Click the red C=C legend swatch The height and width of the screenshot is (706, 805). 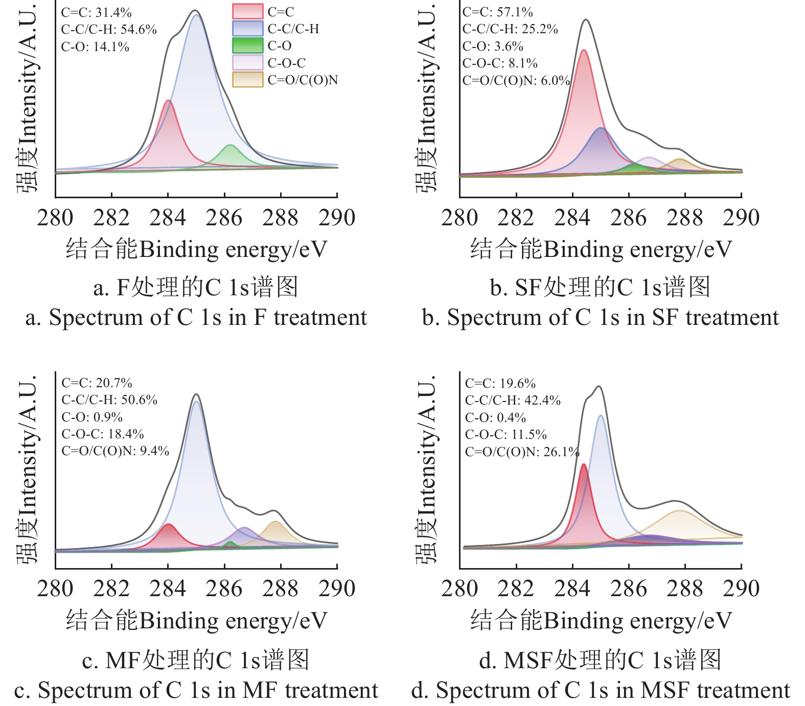tap(247, 11)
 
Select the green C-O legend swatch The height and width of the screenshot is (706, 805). tap(247, 45)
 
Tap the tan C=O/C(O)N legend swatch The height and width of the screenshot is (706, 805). tap(247, 80)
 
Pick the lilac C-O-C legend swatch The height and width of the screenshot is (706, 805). tap(247, 63)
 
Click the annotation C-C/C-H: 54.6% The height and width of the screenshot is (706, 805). tap(109, 30)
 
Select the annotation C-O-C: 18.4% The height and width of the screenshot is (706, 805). tap(103, 434)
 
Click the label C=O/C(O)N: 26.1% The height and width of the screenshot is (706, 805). tap(522, 452)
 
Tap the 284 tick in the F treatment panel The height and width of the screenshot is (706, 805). tap(168, 218)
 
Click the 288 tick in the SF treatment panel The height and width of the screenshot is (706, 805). tap(685, 218)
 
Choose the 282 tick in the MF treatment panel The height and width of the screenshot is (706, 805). tap(111, 589)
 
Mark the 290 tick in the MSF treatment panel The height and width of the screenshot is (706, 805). tap(741, 589)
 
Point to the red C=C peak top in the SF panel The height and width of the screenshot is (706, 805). tap(584, 51)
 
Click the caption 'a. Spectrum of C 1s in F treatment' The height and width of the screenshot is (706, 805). tap(196, 317)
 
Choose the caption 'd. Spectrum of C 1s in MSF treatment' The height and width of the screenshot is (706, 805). tap(601, 690)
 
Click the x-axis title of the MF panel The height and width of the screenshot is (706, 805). tap(196, 621)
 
